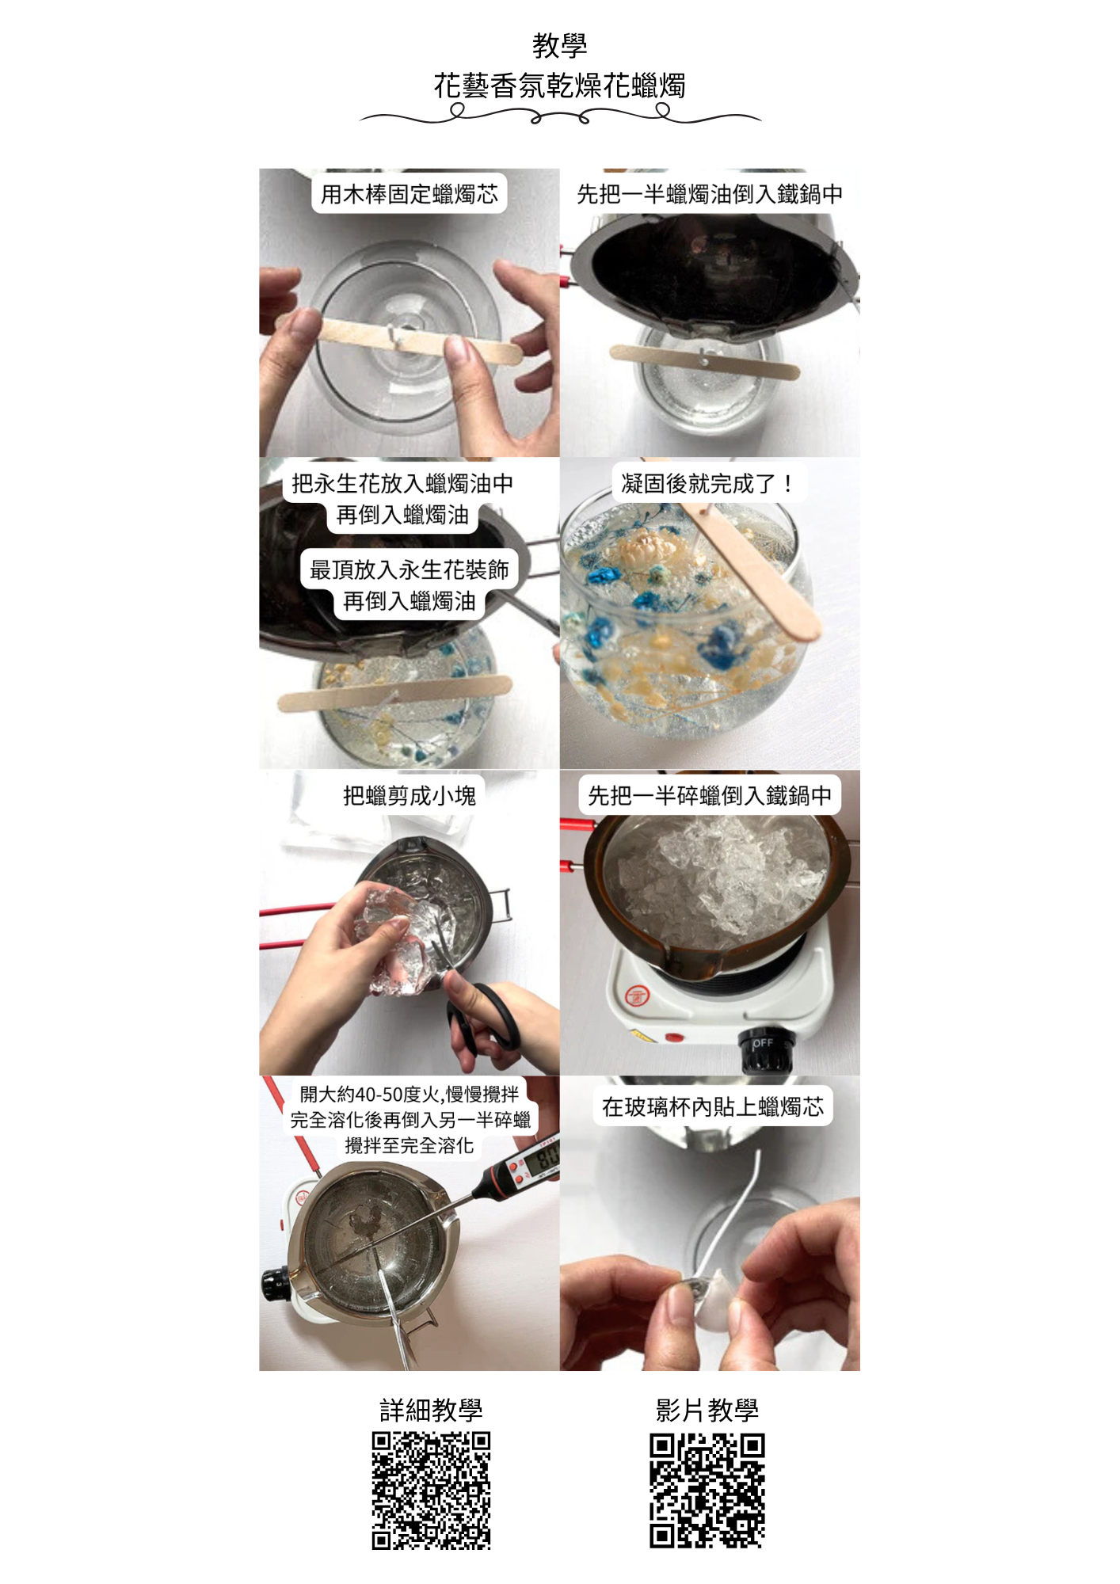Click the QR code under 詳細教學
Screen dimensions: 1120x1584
tap(432, 1491)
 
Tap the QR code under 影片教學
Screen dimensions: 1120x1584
tap(707, 1491)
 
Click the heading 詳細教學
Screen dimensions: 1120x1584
tap(431, 1410)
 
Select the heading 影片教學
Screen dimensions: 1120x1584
tap(707, 1410)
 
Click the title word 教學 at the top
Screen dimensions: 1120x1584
tap(560, 45)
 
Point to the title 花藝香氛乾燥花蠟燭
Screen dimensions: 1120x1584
tap(559, 86)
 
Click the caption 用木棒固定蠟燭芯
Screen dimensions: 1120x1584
tap(410, 194)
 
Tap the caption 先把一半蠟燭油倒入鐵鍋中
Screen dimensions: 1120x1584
tap(709, 194)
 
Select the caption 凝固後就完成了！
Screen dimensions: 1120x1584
tap(708, 483)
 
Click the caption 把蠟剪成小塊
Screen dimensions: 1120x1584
tap(410, 795)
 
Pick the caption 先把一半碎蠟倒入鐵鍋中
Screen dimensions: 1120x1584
tap(710, 795)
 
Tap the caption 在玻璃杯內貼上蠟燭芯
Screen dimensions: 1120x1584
tap(713, 1106)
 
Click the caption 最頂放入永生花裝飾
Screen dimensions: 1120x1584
tap(410, 569)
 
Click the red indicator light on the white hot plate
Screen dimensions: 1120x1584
tap(674, 1036)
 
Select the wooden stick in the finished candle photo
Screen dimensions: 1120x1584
tap(749, 570)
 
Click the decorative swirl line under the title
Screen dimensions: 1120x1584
tap(560, 116)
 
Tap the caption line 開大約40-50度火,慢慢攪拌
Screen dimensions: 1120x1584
tap(410, 1095)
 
